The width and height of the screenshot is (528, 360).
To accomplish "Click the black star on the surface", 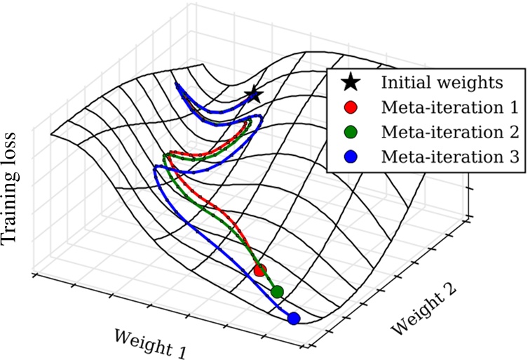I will coord(253,94).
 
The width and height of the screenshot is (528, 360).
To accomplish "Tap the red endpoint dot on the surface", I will coord(260,269).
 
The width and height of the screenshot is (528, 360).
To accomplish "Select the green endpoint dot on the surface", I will coord(277,291).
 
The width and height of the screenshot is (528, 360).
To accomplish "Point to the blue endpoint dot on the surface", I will coord(294,318).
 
